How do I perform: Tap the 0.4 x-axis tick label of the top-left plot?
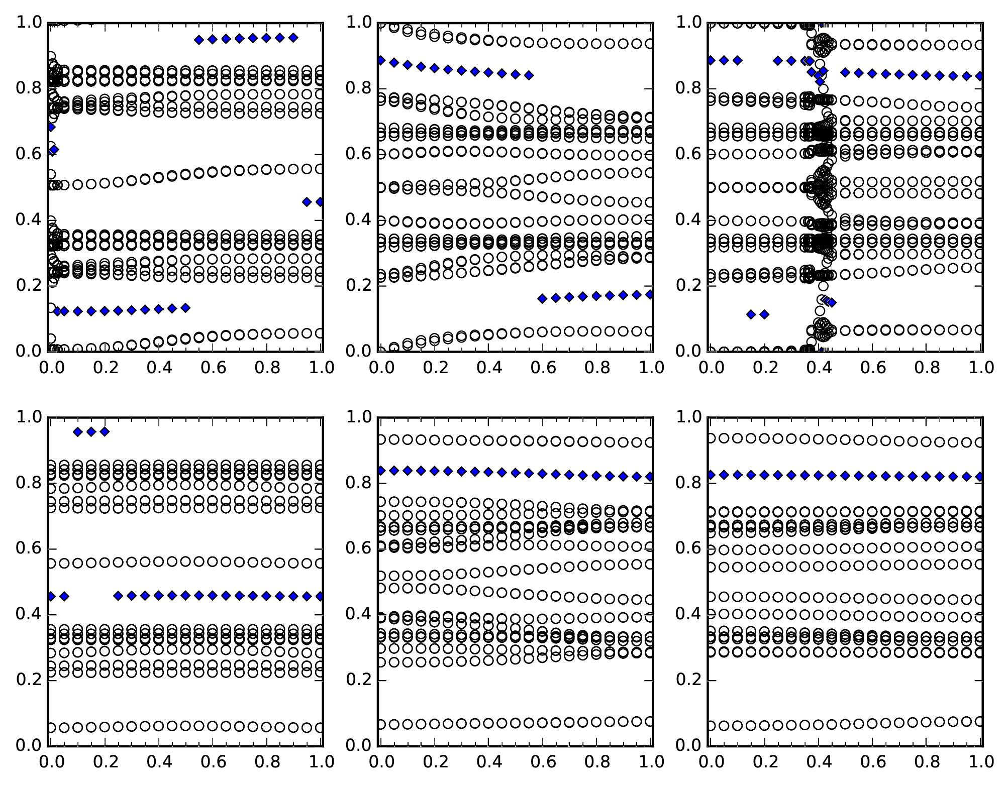point(158,368)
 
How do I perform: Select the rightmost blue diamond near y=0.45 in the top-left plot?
point(320,202)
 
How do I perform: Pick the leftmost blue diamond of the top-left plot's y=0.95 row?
point(198,40)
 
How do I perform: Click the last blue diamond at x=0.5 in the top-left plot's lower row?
point(185,308)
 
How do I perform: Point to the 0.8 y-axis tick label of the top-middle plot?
point(358,88)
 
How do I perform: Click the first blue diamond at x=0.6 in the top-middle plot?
point(542,299)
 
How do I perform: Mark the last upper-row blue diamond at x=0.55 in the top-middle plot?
point(529,75)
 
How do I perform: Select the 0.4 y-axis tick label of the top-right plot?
point(687,220)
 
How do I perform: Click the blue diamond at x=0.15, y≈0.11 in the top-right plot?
point(751,314)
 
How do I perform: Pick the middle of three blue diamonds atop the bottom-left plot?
point(91,431)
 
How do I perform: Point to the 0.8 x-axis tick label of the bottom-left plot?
point(268,762)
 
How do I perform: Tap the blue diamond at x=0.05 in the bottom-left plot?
point(64,596)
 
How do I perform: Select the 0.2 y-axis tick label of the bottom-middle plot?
point(358,680)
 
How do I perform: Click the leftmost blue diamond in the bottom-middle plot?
point(381,471)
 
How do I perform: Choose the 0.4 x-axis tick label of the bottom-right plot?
point(818,762)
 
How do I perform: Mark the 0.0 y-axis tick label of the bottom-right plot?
point(687,745)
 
